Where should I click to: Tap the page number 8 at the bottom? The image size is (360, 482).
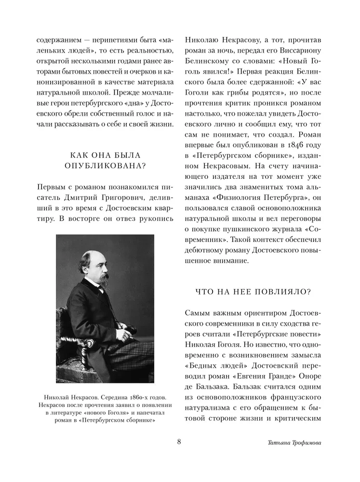pyautogui.click(x=179, y=442)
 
